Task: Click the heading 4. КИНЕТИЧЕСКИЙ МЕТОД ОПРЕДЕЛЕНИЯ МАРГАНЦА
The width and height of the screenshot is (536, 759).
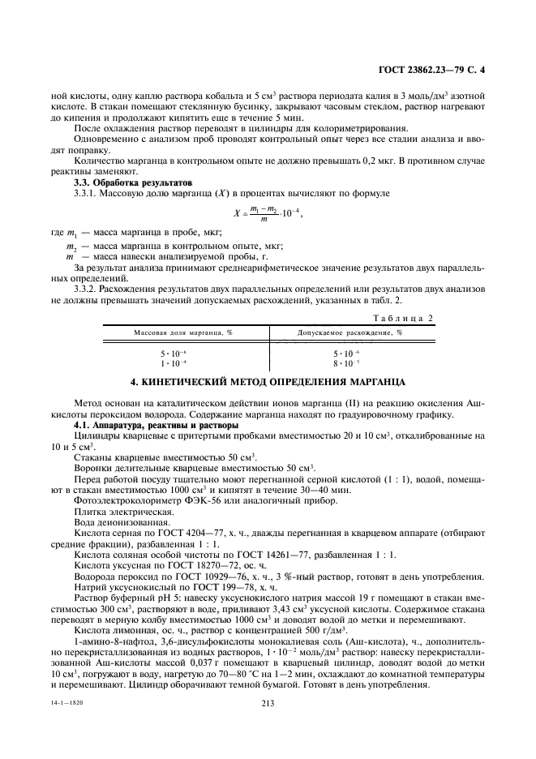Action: point(268,382)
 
